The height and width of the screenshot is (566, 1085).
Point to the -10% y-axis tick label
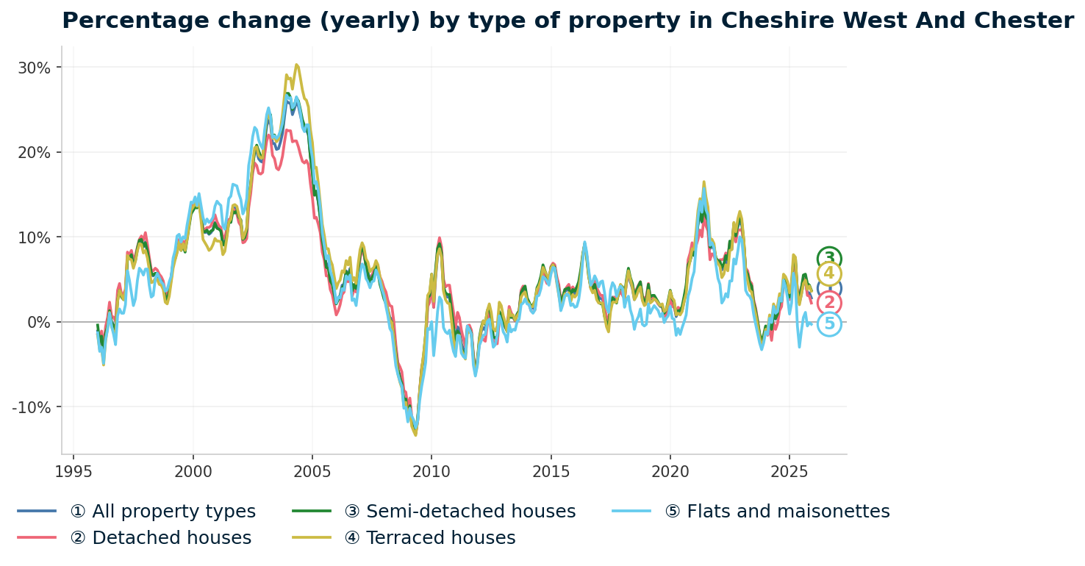click(32, 407)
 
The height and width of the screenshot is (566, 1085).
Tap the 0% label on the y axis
click(40, 322)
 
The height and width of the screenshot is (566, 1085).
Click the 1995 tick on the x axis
click(74, 470)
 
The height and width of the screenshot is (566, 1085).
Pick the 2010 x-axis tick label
click(432, 470)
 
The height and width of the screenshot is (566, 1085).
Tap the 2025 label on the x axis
click(789, 470)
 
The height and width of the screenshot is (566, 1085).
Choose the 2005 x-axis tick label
click(312, 470)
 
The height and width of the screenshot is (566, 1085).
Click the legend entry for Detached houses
click(160, 538)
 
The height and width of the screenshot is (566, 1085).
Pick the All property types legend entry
click(162, 512)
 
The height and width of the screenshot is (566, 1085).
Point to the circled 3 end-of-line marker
click(829, 259)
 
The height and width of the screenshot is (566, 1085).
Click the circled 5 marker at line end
click(829, 324)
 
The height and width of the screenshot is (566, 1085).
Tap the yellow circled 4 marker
click(829, 274)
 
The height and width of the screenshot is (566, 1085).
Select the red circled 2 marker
click(829, 303)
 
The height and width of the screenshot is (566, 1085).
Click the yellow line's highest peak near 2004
click(296, 65)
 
